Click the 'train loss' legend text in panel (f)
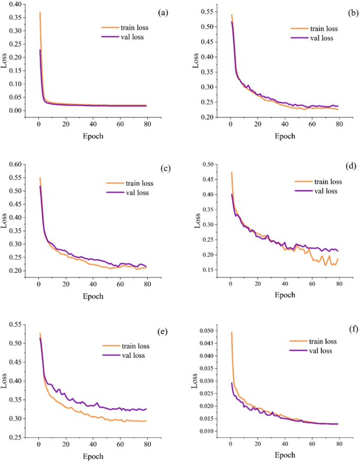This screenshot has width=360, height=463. click(321, 342)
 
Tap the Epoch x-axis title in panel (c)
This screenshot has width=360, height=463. click(94, 296)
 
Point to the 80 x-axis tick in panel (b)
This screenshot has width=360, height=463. click(340, 125)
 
